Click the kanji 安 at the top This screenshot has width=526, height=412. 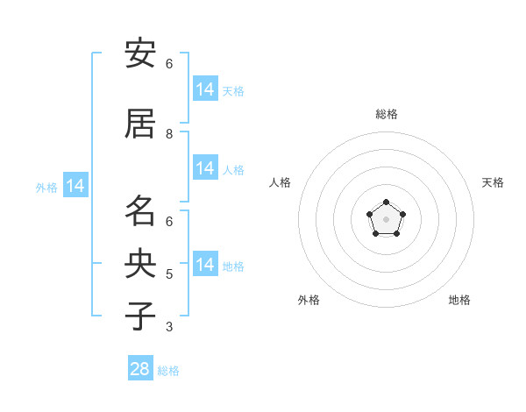click(140, 53)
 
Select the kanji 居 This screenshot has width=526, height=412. click(140, 124)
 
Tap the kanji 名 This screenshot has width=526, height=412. click(140, 210)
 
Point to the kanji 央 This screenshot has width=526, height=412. click(140, 263)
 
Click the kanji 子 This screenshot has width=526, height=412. click(140, 316)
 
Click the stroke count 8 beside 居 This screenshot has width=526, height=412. click(169, 134)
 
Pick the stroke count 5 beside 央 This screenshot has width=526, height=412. click(169, 274)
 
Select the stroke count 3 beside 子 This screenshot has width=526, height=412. click(169, 327)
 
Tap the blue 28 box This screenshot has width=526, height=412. click(140, 367)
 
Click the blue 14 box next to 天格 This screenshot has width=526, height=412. click(206, 89)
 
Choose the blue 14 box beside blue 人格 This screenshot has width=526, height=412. click(206, 167)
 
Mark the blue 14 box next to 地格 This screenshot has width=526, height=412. click(206, 263)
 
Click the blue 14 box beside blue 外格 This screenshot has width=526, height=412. click(75, 185)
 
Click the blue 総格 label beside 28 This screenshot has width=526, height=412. click(168, 371)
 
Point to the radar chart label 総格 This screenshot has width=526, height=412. click(387, 114)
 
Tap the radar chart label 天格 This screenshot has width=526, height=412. click(493, 182)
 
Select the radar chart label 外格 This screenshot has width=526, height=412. click(309, 300)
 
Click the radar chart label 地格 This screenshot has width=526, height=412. click(459, 300)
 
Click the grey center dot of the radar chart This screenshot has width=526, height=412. click(386, 219)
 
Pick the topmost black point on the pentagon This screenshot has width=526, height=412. click(386, 202)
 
